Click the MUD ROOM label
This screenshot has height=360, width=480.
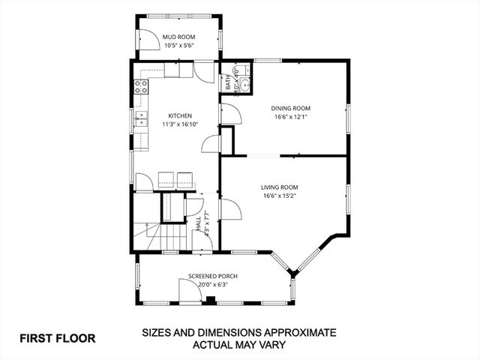point(179,36)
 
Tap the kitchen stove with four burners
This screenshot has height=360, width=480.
point(140,86)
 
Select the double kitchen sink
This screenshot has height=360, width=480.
point(140,119)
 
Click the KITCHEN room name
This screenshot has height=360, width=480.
point(180,115)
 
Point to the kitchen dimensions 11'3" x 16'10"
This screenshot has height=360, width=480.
point(180,124)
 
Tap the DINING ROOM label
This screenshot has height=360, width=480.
point(289,107)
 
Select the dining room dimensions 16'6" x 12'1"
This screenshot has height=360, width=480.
point(289,116)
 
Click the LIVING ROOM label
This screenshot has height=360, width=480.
point(280,187)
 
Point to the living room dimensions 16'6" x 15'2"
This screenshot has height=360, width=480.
point(280,196)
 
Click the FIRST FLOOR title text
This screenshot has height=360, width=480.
point(57,337)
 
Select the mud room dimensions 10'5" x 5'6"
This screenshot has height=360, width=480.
point(179,46)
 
